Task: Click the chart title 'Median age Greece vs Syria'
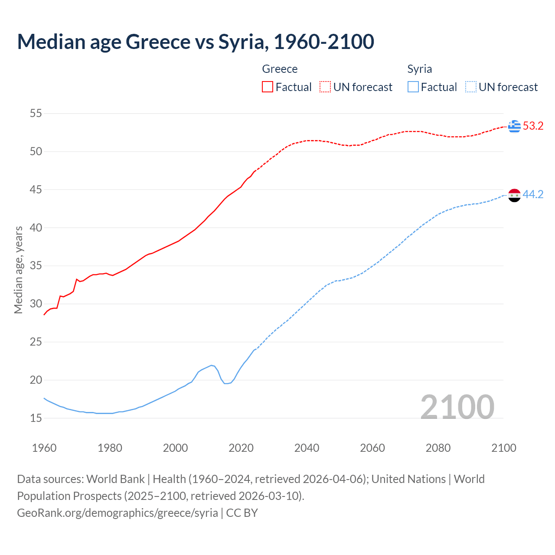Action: pos(195,42)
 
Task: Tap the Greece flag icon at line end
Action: pos(514,126)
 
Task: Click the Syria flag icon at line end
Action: pos(514,195)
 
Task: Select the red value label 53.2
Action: pos(533,126)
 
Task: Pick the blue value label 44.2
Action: pos(533,195)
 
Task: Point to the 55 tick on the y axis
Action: pos(36,114)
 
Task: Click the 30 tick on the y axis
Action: pos(36,304)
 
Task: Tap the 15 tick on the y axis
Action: pos(36,418)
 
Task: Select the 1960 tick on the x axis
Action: pos(44,448)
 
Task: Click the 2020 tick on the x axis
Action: pos(241,448)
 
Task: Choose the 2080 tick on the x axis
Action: pos(438,448)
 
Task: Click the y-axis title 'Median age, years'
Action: pos(18,270)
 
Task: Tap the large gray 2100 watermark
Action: pos(457,407)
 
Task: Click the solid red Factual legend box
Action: pos(268,87)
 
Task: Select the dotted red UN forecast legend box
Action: pos(325,87)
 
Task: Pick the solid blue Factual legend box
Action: pos(413,87)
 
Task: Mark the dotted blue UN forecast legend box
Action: pos(471,87)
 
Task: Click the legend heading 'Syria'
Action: pos(419,69)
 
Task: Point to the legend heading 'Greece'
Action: pos(280,69)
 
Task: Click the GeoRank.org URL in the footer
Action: pos(118,513)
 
